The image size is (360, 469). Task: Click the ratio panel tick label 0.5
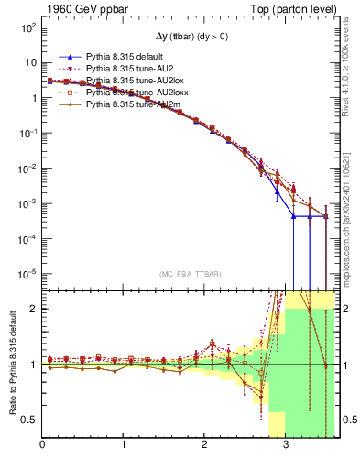[x=29, y=420]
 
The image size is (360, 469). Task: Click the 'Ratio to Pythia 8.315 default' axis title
[x=12, y=364]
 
